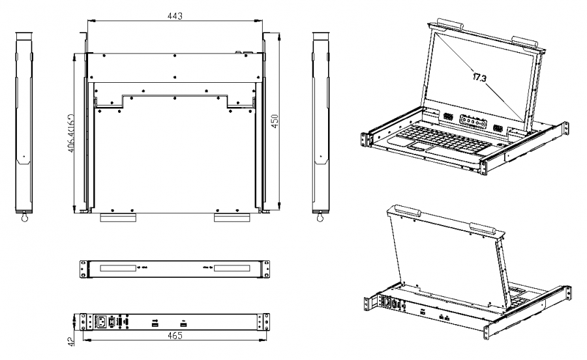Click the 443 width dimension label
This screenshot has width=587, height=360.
[x=175, y=15]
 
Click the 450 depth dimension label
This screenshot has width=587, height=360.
[x=275, y=122]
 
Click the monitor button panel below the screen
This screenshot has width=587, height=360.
[x=472, y=122]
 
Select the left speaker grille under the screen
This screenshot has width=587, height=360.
[x=448, y=117]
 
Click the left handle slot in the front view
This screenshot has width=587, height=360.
[x=118, y=267]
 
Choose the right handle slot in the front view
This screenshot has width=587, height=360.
[x=232, y=267]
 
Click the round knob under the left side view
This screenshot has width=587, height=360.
[x=25, y=219]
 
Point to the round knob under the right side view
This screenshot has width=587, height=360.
[x=320, y=219]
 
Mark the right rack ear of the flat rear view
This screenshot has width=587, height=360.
[x=262, y=321]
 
